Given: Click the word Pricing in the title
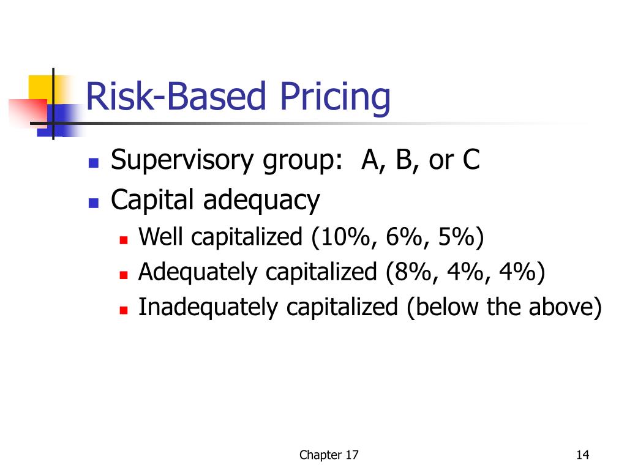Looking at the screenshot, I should pos(336,98).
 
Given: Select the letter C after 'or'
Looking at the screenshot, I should pos(470,161).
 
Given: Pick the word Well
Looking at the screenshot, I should pos(161,237).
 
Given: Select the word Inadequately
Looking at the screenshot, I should pos(209,307).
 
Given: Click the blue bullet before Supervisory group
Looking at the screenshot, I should pos(94,163).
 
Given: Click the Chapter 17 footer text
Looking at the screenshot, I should pos(329,455).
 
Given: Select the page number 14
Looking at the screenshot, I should pos(582,455).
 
